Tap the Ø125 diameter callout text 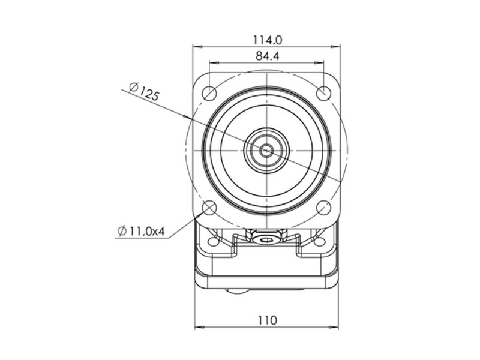144,91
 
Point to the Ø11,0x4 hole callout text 141,231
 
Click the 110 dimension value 267,320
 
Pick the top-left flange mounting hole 209,92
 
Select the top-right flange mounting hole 323,93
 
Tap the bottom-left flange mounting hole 209,208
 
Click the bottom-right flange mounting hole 323,208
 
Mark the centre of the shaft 266,150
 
